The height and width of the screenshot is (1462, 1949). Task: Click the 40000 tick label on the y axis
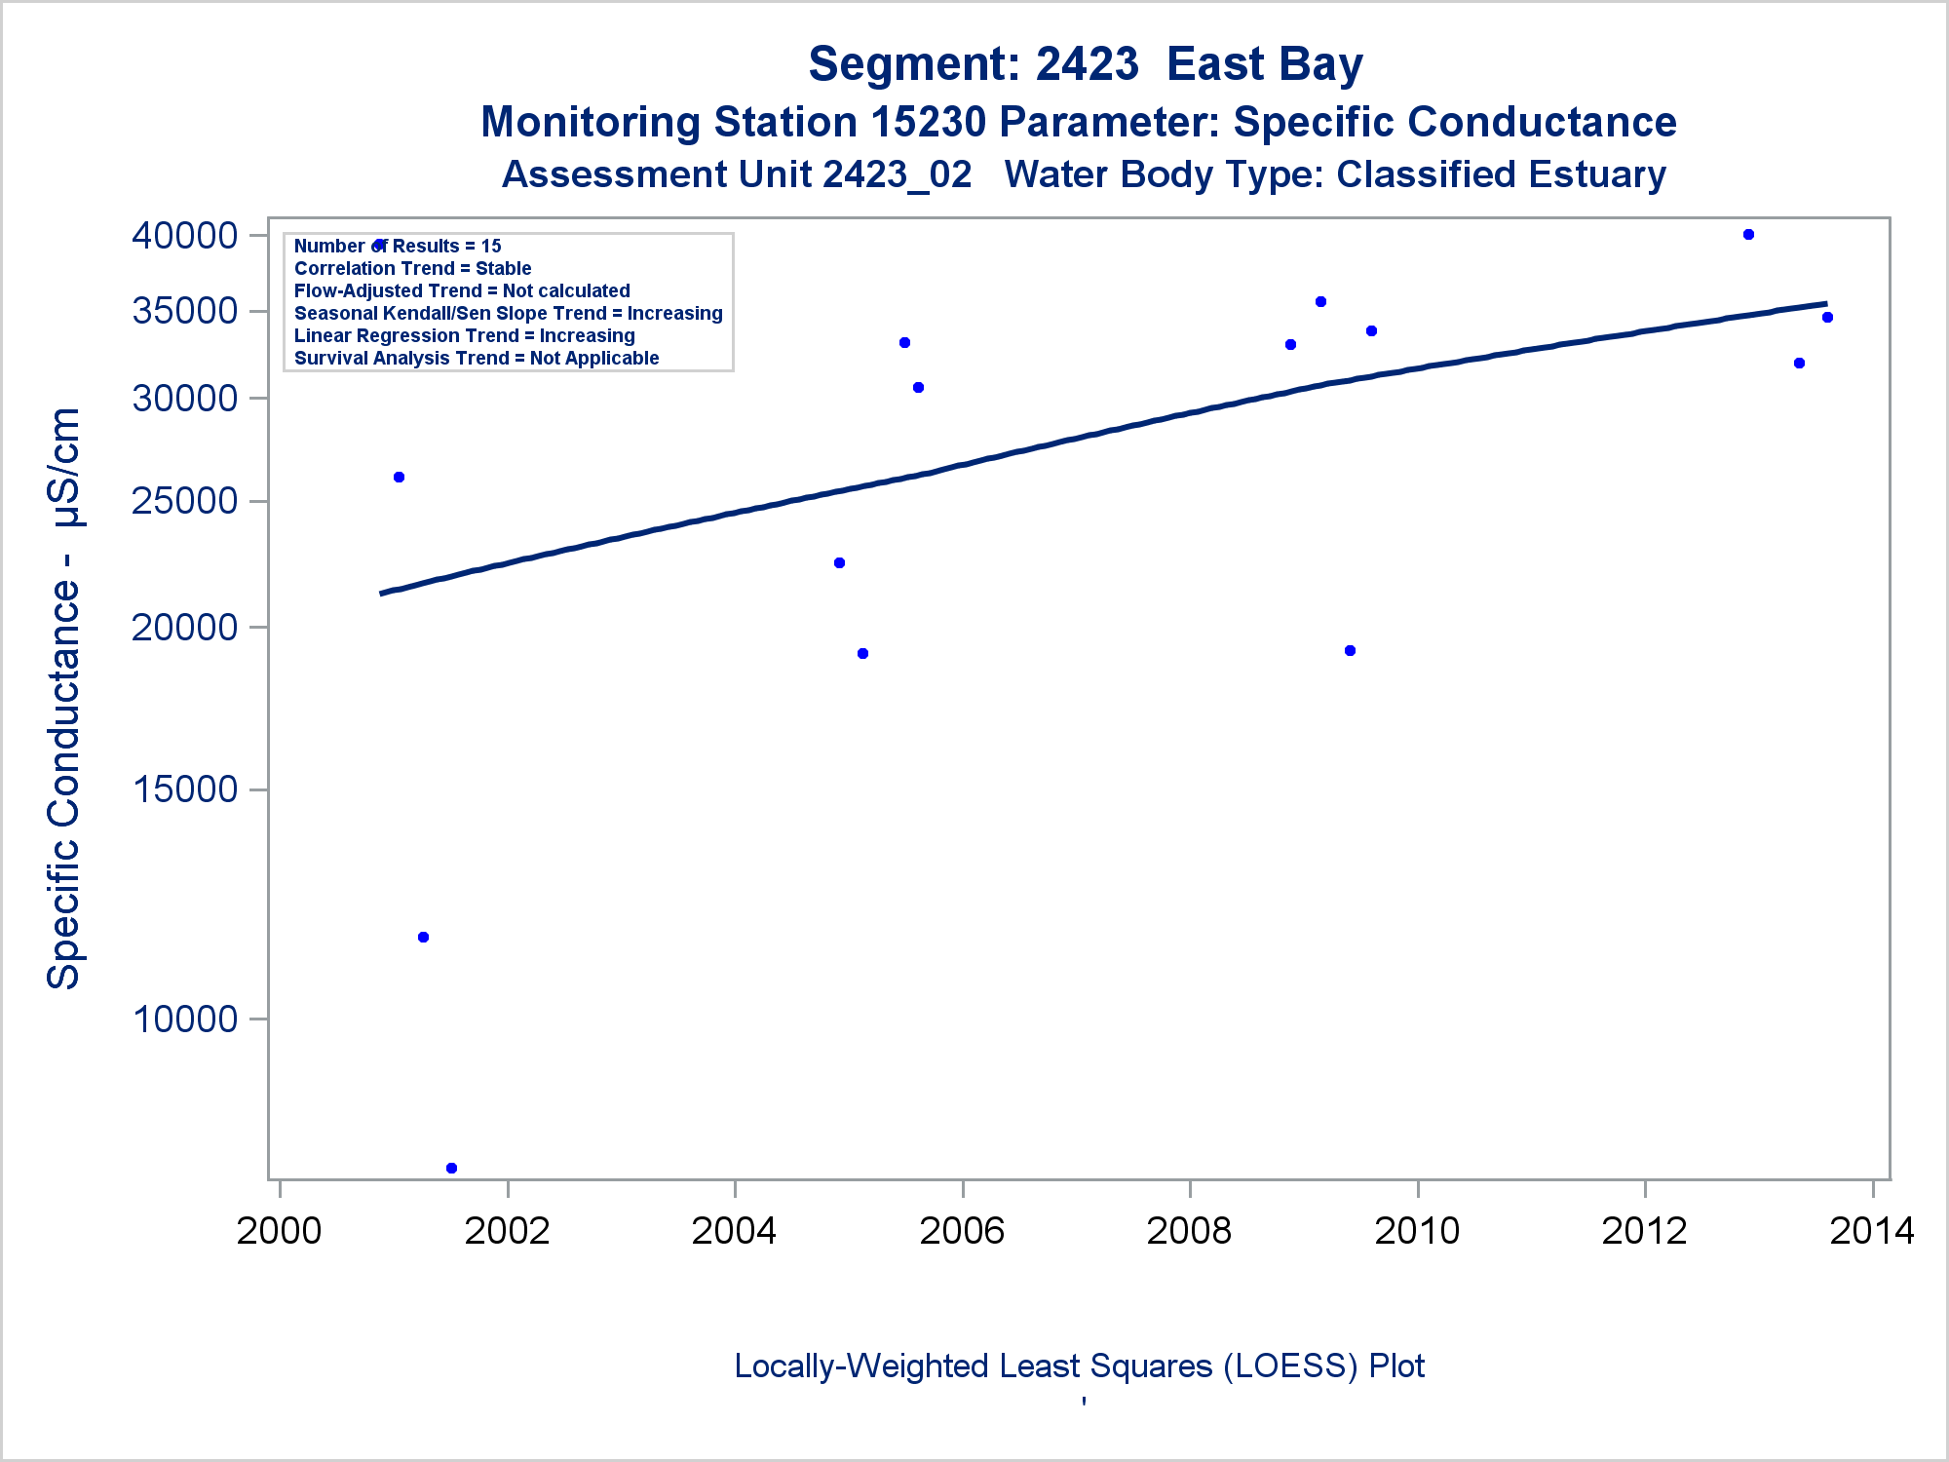tap(184, 236)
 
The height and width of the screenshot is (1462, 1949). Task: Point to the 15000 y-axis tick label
tap(185, 789)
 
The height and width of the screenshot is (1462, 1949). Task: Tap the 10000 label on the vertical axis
tap(185, 1020)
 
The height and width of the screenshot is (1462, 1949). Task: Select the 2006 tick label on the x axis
tap(962, 1231)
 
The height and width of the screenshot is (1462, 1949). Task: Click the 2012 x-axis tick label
tap(1644, 1231)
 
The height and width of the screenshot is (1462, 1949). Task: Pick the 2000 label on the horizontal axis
tap(279, 1231)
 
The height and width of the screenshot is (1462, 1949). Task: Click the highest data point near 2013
tap(1748, 235)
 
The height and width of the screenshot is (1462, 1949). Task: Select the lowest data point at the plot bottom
tap(451, 1168)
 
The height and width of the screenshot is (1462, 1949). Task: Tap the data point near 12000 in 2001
tap(423, 938)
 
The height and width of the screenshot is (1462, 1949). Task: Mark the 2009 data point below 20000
tap(1350, 651)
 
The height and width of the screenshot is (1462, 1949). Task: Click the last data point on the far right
tap(1827, 318)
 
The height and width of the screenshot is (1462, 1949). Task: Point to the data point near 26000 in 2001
tap(399, 478)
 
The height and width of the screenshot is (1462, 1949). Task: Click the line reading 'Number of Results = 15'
tap(398, 247)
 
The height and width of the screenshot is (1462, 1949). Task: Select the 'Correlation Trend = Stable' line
tap(412, 269)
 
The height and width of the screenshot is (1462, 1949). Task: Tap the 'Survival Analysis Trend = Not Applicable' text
tap(477, 359)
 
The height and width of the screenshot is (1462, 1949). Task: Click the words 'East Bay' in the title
tap(1264, 65)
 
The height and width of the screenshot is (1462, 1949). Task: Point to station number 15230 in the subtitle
tap(929, 123)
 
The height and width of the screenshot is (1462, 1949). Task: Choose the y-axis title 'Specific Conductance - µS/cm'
tap(64, 698)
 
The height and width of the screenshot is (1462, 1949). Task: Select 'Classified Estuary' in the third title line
tap(1501, 175)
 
